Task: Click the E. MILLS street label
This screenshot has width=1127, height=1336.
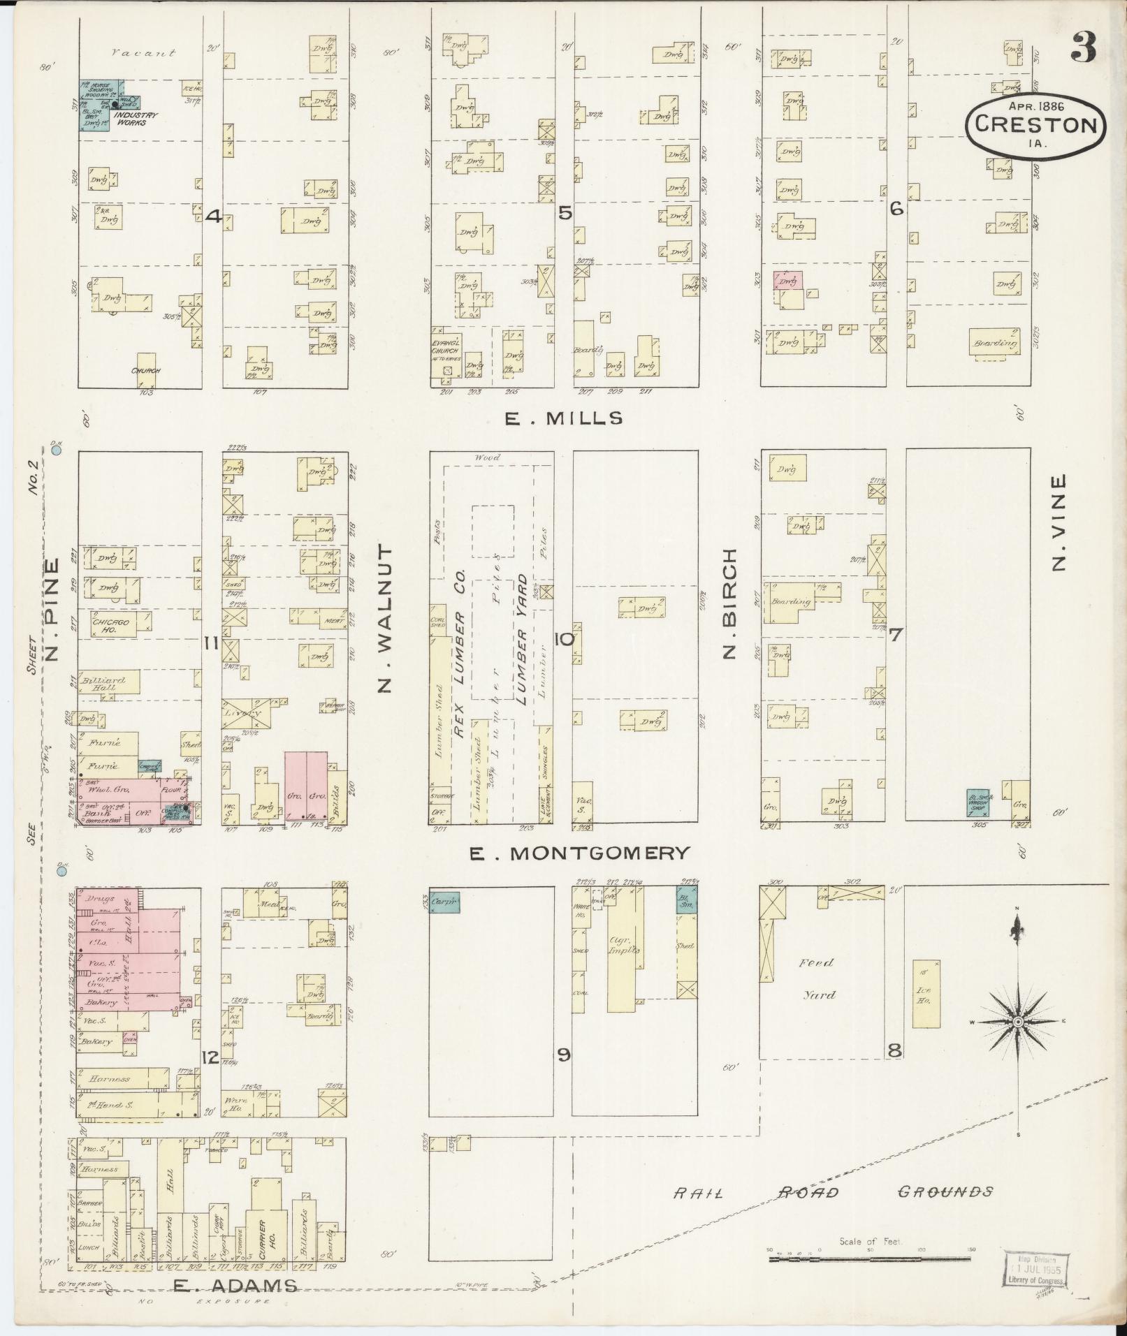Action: coord(563,418)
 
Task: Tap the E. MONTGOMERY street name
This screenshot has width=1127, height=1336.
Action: coord(579,853)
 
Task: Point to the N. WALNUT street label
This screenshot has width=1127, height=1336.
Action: coord(385,619)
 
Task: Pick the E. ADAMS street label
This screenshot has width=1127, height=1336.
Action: coord(235,1285)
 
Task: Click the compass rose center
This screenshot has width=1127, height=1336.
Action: coord(1018,1022)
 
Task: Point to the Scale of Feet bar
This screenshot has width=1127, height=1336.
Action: coord(869,1258)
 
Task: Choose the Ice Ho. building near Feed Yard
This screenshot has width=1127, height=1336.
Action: coord(926,993)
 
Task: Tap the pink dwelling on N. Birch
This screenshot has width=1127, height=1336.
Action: coord(787,280)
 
